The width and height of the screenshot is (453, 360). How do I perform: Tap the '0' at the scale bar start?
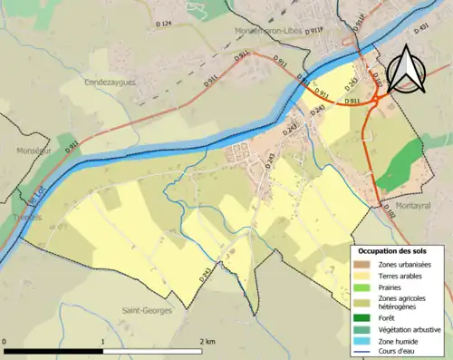point(6,342)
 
